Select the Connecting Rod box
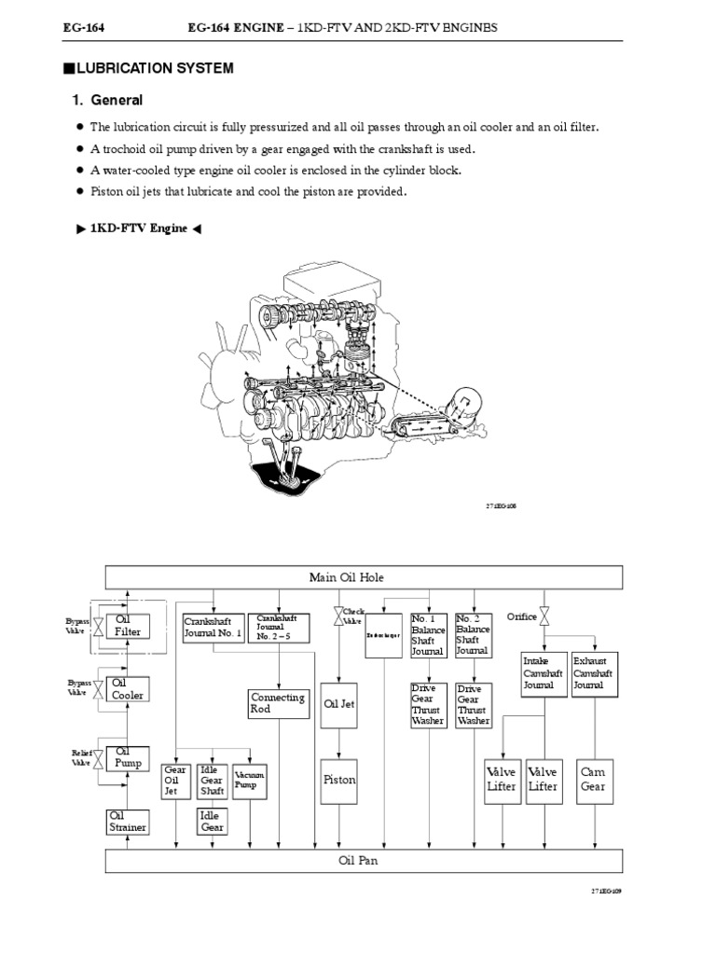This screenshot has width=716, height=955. point(278,704)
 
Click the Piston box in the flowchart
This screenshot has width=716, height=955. point(338,779)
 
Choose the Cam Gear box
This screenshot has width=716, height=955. point(593,780)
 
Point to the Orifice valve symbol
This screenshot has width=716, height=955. point(544,617)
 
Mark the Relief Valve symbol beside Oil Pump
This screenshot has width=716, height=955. point(97,757)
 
